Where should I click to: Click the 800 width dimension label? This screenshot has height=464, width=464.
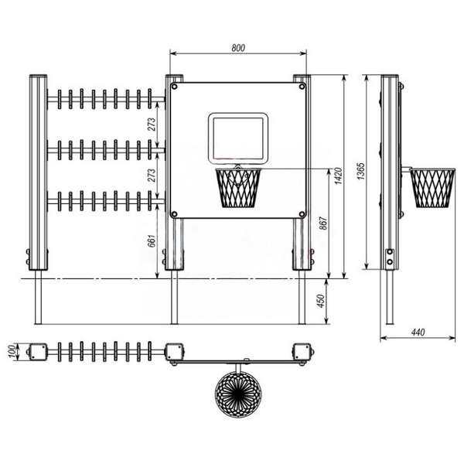(x=238, y=48)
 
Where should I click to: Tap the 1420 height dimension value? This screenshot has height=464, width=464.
(x=338, y=176)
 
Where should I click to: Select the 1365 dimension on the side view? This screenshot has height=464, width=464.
(x=360, y=172)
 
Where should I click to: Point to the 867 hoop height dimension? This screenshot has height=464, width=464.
(x=324, y=223)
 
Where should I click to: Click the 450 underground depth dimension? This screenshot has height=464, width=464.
(x=321, y=301)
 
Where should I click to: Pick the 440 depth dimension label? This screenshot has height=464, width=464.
(x=418, y=332)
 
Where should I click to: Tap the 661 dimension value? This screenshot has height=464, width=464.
(x=152, y=241)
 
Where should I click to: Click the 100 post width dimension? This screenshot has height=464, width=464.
(x=12, y=351)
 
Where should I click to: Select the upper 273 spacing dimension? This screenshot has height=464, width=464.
(x=152, y=125)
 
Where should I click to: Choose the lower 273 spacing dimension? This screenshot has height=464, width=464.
(x=152, y=176)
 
